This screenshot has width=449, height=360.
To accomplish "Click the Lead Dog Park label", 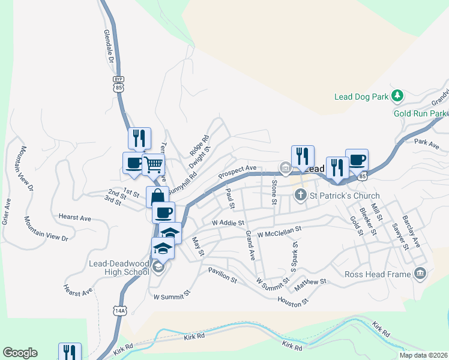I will click(x=361, y=96).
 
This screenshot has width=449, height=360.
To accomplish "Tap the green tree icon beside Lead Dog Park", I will click(x=396, y=95).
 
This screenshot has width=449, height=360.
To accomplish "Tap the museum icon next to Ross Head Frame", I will click(x=420, y=274).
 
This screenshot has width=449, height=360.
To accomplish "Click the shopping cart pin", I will click(x=154, y=163).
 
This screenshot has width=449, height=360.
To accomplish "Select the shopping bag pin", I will click(x=157, y=197).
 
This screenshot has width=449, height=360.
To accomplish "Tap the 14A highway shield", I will click(x=119, y=310).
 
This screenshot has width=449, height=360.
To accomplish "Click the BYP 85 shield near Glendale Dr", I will click(x=118, y=84).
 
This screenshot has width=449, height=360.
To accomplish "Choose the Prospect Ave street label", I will click(x=237, y=172).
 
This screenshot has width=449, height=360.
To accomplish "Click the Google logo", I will click(x=20, y=353).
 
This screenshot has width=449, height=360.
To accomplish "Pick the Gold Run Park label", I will click(x=420, y=113).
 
